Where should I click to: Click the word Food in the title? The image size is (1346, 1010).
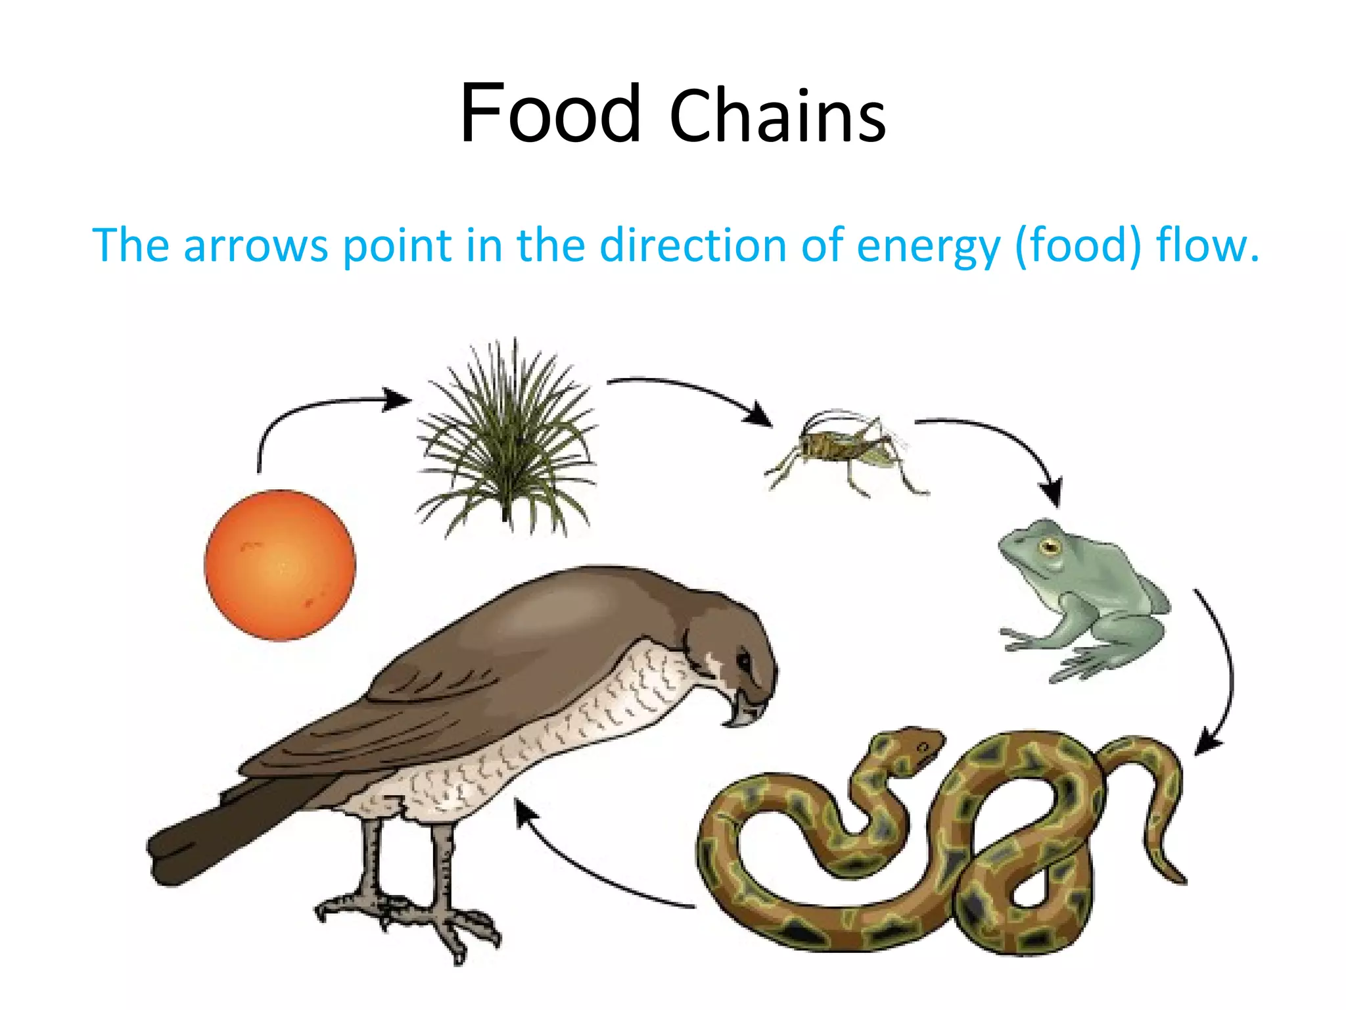(x=549, y=113)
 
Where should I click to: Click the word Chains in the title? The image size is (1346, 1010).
(x=777, y=117)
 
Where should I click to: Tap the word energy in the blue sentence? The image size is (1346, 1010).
(x=928, y=245)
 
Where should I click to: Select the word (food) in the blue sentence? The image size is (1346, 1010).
(x=1079, y=245)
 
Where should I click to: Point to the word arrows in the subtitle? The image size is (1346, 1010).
(x=255, y=245)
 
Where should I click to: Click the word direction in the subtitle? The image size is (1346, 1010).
(x=692, y=245)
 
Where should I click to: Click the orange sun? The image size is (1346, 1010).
(x=280, y=565)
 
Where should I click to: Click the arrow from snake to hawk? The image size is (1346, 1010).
(x=592, y=868)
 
